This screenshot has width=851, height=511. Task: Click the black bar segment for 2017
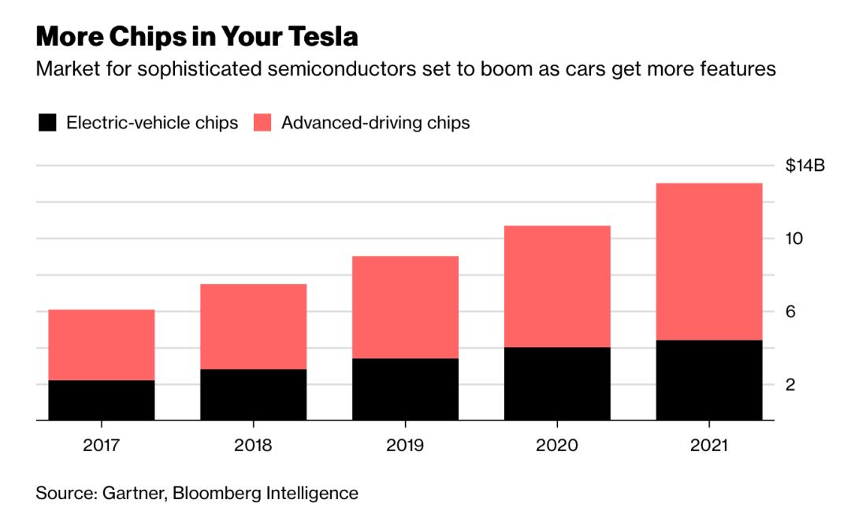(x=101, y=401)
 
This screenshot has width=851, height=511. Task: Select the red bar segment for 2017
(x=101, y=345)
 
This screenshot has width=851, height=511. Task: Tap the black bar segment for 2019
(x=405, y=390)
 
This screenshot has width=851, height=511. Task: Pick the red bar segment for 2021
(x=709, y=261)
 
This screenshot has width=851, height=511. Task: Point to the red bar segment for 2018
(x=253, y=326)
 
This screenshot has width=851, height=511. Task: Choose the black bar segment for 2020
(x=557, y=384)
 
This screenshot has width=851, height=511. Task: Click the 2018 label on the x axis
(x=253, y=445)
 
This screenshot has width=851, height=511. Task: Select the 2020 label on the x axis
(x=557, y=445)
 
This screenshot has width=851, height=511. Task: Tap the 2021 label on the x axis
(x=709, y=445)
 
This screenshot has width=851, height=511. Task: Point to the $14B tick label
(x=805, y=166)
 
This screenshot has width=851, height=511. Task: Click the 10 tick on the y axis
(x=794, y=239)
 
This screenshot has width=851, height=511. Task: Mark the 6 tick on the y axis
(x=790, y=312)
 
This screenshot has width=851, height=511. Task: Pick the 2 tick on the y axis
(x=790, y=384)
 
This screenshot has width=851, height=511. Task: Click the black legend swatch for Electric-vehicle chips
(x=47, y=123)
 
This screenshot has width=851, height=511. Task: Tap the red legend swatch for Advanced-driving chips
(x=262, y=123)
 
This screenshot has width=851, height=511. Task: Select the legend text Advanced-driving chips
(x=376, y=123)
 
